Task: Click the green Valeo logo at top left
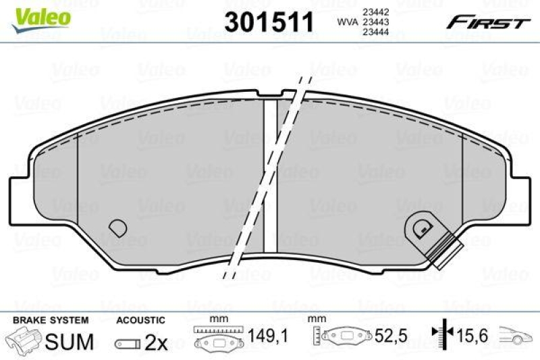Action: [41, 15]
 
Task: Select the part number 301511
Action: [269, 22]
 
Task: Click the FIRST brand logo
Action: [487, 22]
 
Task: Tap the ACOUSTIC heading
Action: [140, 319]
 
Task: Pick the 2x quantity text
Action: [156, 342]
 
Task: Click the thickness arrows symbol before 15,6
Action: [441, 334]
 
